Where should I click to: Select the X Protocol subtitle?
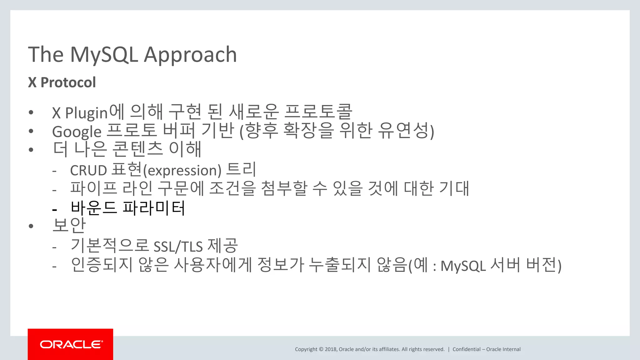(62, 82)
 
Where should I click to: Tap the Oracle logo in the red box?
(71, 344)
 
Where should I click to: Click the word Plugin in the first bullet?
(86, 113)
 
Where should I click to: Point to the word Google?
(77, 132)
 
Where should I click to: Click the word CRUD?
(88, 171)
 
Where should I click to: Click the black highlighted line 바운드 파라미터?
(128, 208)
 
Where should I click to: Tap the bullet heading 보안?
(69, 225)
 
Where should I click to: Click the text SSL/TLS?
(178, 247)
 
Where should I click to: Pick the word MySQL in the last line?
(463, 266)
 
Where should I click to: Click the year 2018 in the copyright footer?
(330, 349)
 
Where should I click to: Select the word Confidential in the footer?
(466, 349)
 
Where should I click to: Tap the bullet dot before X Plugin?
(31, 112)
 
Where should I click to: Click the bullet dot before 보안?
(31, 226)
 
